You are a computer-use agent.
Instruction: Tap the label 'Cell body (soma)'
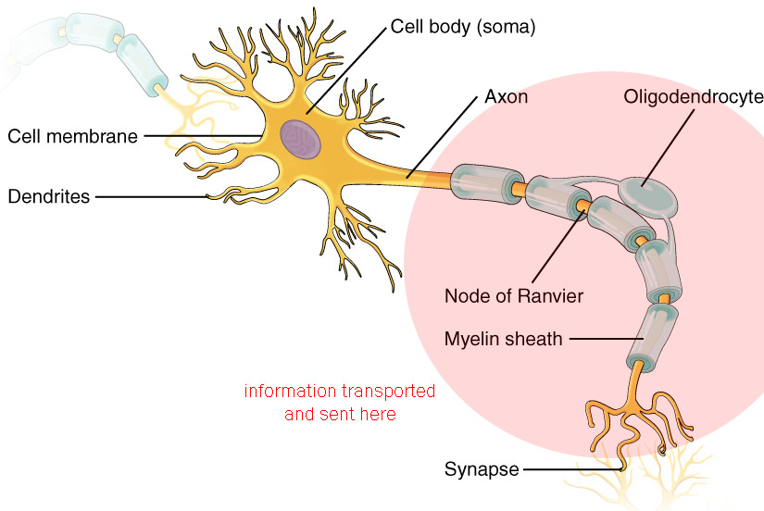tap(463, 27)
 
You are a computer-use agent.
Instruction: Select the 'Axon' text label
tap(507, 96)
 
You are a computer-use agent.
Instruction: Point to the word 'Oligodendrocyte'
tap(694, 96)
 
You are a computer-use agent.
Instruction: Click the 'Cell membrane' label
tap(72, 136)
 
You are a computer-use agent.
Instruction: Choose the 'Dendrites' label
tap(49, 196)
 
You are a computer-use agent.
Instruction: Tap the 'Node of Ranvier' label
tap(513, 296)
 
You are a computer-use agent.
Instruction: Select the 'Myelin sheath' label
tap(503, 339)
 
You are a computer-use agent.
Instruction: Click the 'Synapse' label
tap(481, 469)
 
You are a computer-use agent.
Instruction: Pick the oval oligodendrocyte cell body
tap(647, 196)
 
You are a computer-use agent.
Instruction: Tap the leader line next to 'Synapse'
tap(570, 469)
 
